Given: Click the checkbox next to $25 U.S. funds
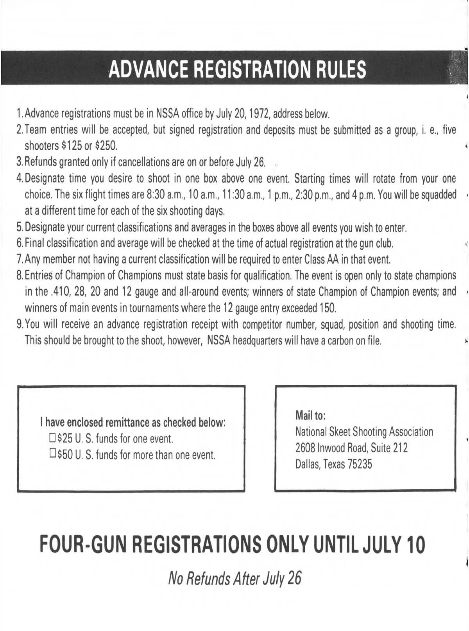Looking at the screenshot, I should (52, 438).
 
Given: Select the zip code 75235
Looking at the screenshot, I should (360, 464).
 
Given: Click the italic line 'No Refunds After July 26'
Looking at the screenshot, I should (234, 577).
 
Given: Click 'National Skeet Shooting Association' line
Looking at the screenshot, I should (364, 432).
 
